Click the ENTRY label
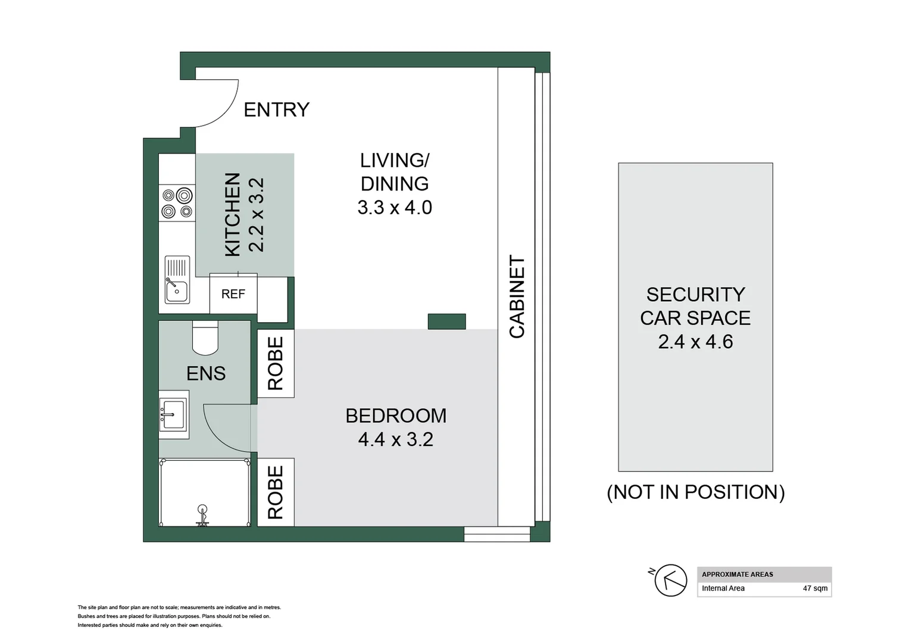[x=276, y=110]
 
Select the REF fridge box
[x=233, y=294]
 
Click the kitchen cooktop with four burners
[x=177, y=203]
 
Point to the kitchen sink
[x=177, y=280]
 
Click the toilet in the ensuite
[x=205, y=338]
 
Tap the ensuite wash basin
[x=173, y=414]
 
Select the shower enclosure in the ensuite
[x=204, y=492]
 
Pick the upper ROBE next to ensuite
[x=276, y=363]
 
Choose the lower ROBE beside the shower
[x=276, y=492]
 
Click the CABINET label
[x=517, y=296]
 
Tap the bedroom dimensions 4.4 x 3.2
[x=395, y=439]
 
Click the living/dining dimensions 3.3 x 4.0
[x=394, y=208]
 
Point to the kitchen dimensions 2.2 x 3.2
[x=256, y=215]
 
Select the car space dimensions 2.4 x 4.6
[x=695, y=342]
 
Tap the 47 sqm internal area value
[x=814, y=588]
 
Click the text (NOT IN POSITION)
[x=695, y=492]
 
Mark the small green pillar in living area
[x=446, y=321]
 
